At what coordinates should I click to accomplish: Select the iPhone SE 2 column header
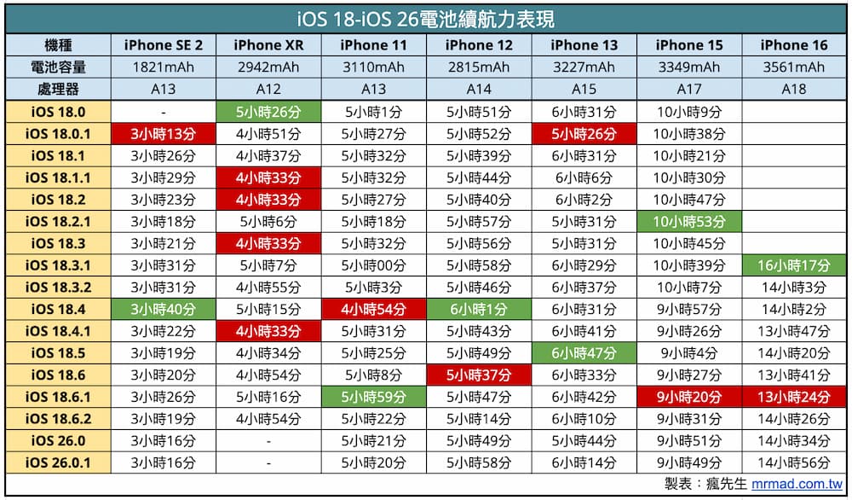(163, 45)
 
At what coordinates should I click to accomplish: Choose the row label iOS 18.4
(58, 308)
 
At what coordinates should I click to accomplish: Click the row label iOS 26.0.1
(58, 462)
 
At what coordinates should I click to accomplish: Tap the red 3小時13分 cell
(163, 133)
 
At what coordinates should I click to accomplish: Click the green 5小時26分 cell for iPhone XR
(268, 111)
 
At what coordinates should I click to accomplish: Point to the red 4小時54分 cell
(373, 308)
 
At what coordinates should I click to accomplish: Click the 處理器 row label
(58, 89)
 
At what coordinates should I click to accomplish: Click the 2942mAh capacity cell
(268, 67)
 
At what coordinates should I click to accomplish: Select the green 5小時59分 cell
(373, 397)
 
